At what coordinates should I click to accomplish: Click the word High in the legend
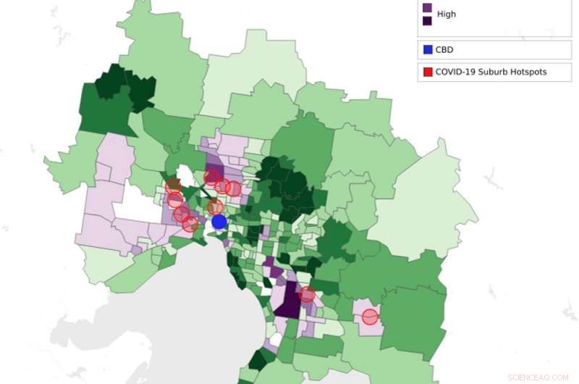click(x=447, y=14)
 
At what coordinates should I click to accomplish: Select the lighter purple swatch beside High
click(x=427, y=8)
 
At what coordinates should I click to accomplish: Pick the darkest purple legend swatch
click(x=427, y=20)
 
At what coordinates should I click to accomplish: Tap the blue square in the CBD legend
click(x=427, y=50)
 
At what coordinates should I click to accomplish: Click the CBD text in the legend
click(x=445, y=50)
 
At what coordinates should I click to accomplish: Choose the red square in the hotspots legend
click(x=427, y=72)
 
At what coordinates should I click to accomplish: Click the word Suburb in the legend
click(x=496, y=72)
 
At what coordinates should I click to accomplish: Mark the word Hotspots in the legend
click(x=531, y=72)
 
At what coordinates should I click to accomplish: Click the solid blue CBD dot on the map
click(x=219, y=222)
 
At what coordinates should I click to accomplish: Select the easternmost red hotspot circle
click(x=370, y=317)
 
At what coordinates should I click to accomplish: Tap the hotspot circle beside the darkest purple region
click(x=307, y=294)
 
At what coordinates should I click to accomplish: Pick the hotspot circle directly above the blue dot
click(x=215, y=207)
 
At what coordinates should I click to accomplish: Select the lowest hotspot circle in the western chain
click(x=190, y=224)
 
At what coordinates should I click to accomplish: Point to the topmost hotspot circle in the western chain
click(x=174, y=186)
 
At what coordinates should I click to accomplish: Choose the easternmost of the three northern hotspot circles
click(x=233, y=188)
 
